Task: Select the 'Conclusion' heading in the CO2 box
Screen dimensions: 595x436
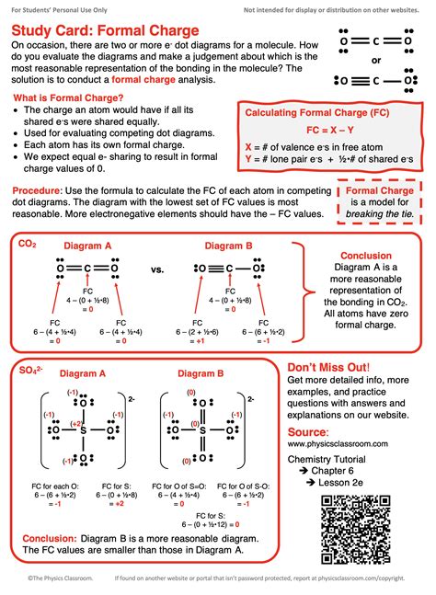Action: tap(366, 256)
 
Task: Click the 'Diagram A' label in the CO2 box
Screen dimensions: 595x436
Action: tap(87, 246)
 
